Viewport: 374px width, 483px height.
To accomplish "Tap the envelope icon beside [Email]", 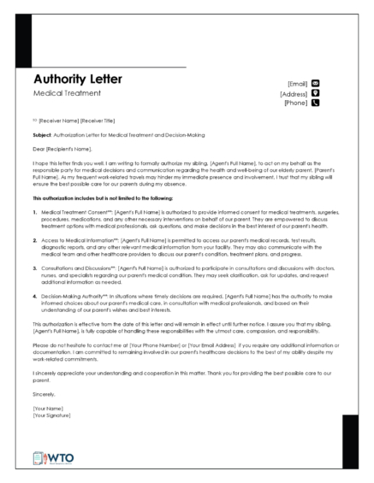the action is coord(315,83).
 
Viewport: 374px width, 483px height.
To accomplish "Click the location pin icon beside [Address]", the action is coord(315,93).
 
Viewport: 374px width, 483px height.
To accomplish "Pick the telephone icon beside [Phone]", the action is coord(315,103).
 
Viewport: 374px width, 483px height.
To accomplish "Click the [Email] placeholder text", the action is coord(296,83).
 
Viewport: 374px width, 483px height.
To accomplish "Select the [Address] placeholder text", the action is coord(293,93).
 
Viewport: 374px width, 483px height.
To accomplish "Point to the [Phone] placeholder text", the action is coord(295,103).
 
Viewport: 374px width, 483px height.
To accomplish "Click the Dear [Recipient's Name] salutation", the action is coord(62,148).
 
